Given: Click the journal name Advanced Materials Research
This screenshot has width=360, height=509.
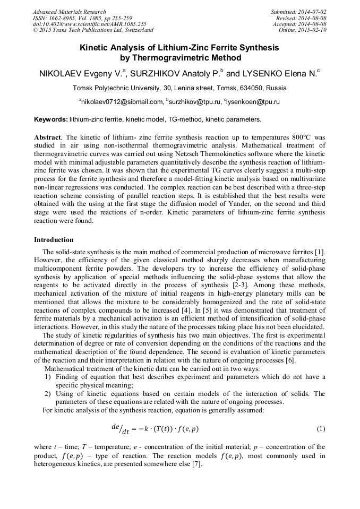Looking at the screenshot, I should [69, 12].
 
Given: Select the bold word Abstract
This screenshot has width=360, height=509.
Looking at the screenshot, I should [48, 137].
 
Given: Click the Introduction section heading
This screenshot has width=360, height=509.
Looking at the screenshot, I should [54, 240].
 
